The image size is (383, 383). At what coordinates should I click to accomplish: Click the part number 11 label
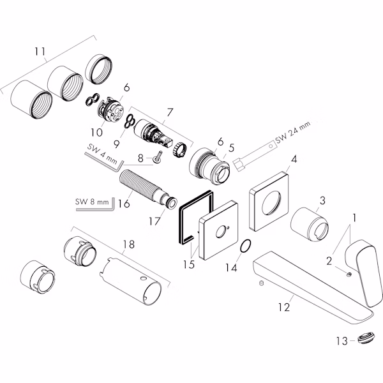coord(40,52)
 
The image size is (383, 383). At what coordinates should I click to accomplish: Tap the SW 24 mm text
coord(293,132)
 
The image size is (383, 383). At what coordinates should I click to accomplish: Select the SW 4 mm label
coord(102,154)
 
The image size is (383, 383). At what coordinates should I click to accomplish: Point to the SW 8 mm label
coord(92,202)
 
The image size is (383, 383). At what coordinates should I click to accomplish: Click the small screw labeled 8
coord(158,156)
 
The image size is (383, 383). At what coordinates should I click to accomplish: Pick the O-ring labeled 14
coord(246,246)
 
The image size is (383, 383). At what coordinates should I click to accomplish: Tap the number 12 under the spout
coord(284,307)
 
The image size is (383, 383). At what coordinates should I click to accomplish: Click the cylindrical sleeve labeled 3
coord(309,225)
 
